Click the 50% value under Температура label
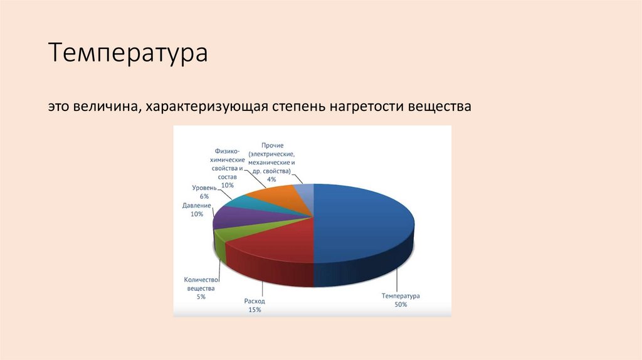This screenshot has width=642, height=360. [401, 305]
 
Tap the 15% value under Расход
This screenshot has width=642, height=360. [254, 310]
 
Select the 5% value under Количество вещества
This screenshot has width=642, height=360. [201, 297]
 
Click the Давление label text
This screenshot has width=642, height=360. [196, 206]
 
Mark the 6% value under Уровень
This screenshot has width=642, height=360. [204, 197]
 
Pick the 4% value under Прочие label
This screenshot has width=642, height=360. [271, 179]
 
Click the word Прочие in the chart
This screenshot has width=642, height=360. [271, 145]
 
